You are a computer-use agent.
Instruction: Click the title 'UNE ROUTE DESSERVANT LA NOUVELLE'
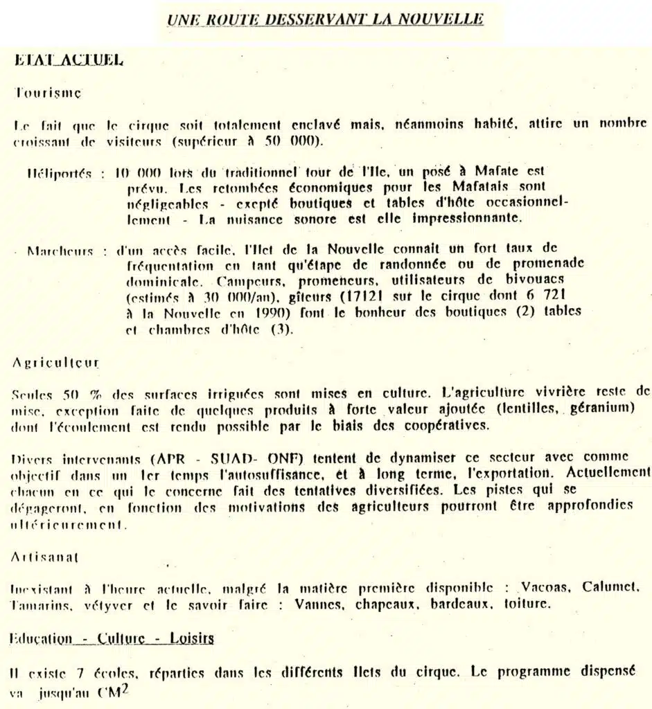325,19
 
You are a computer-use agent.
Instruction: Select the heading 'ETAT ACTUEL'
69,60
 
